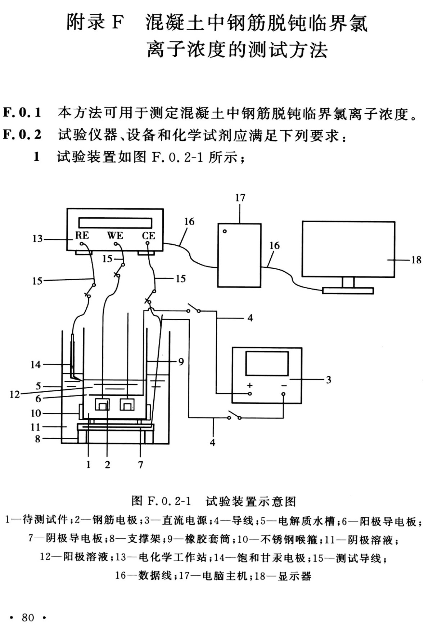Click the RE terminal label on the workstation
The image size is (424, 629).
[82, 235]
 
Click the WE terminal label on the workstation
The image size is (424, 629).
[115, 236]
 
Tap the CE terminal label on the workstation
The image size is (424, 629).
[148, 236]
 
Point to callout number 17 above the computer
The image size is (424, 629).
[240, 198]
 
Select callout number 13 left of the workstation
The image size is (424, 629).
[37, 239]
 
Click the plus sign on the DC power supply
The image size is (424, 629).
[250, 385]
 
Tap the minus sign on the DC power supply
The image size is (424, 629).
[284, 385]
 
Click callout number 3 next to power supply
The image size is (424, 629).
[328, 380]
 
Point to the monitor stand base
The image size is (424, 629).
[348, 290]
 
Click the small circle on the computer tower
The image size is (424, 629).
[225, 231]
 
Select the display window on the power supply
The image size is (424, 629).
[267, 363]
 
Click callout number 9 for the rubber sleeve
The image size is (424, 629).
[181, 361]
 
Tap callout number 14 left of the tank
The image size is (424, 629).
[36, 365]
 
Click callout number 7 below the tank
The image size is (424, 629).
[140, 465]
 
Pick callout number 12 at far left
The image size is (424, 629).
[14, 394]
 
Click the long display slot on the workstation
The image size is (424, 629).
[115, 223]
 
